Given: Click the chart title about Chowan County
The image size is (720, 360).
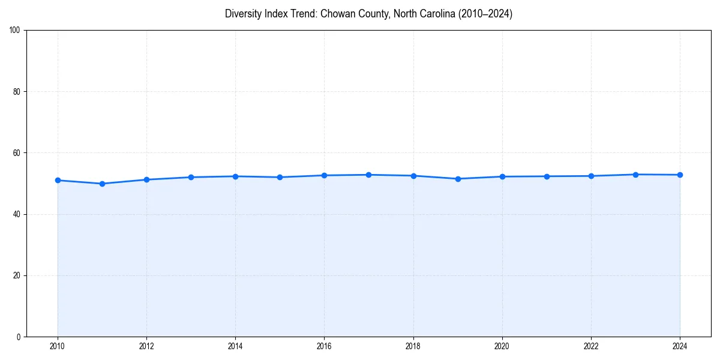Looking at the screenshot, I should [368, 14].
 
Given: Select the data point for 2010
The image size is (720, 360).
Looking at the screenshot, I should [58, 180].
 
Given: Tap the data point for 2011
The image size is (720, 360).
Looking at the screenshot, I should [102, 184].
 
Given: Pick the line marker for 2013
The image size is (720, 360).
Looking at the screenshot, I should [191, 177].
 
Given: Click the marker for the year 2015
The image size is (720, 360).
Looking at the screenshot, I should [280, 177].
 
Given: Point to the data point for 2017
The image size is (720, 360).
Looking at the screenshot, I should [368, 175].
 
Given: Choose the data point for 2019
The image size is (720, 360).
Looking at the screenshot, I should [458, 179].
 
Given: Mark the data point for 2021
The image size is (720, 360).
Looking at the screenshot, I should [547, 176].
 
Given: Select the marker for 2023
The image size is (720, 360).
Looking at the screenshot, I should [635, 175].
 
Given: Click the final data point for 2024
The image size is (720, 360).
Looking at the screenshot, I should [680, 175].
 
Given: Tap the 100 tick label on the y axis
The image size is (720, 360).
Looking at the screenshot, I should [16, 31].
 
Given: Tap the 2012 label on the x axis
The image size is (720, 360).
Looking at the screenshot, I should [146, 346].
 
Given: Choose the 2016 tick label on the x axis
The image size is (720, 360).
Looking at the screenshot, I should [324, 346].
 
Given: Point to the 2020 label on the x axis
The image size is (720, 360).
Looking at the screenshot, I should [502, 346].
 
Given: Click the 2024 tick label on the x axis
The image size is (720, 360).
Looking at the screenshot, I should [680, 346].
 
